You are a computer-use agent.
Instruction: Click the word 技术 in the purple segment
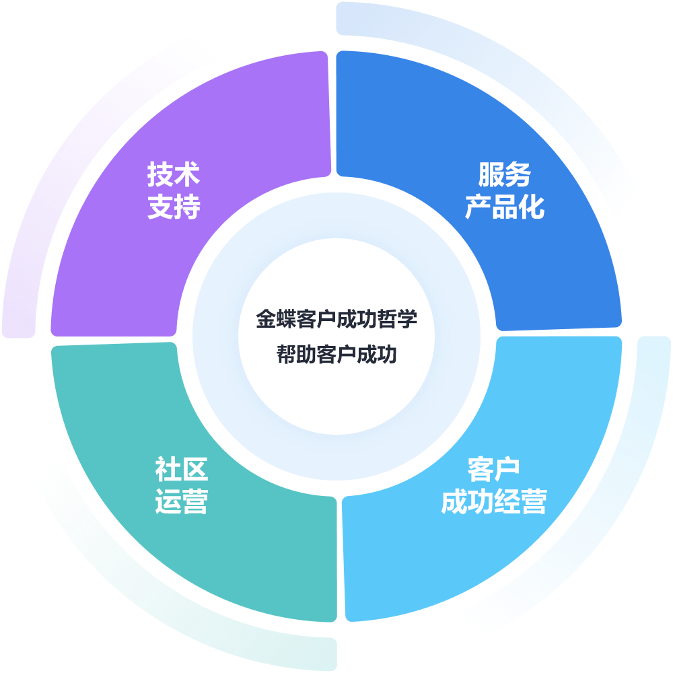point(174,175)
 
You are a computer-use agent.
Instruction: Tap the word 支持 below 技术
point(174,208)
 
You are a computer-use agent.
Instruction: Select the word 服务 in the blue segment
point(504,175)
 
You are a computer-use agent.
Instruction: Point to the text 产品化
point(504,208)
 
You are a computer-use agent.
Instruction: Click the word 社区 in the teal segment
point(181,469)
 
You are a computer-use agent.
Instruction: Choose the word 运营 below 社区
point(181,502)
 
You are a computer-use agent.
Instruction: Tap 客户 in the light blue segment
point(493,469)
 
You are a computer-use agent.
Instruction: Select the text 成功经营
point(493,502)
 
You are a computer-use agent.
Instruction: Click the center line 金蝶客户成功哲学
point(336,319)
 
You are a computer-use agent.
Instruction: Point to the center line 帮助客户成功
point(336,354)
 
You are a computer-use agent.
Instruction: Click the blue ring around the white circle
point(215,336)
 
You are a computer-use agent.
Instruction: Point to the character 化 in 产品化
point(532,208)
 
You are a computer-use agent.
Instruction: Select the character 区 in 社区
point(194,469)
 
